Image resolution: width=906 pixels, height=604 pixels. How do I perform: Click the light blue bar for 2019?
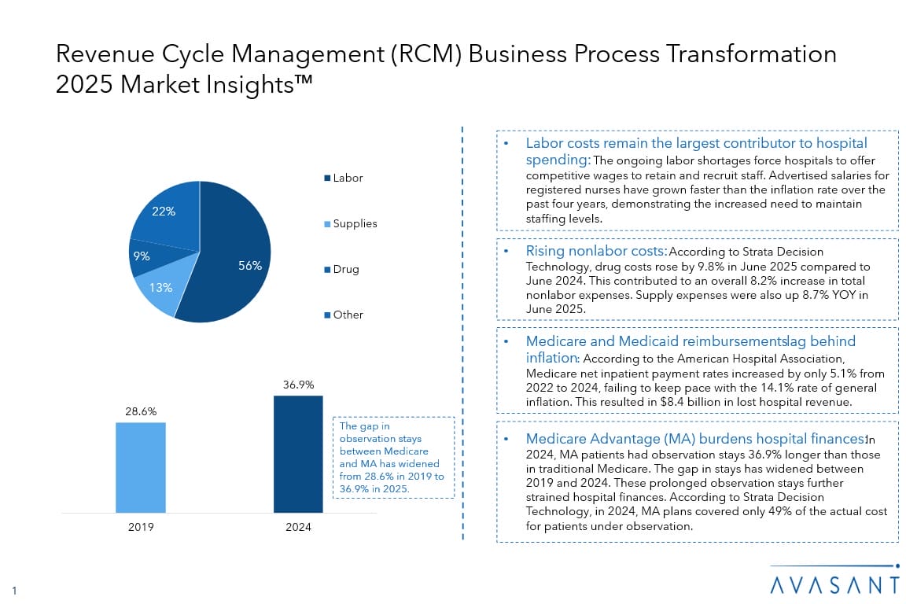click(x=141, y=467)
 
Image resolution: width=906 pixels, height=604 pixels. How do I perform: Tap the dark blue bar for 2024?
click(x=298, y=454)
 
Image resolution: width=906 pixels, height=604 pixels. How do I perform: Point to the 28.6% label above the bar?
click(x=141, y=412)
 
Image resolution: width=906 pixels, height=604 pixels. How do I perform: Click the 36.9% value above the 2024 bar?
click(x=298, y=385)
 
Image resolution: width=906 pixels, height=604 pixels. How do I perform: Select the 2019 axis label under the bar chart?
click(x=141, y=526)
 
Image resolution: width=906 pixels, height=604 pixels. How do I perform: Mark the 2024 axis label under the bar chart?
click(x=298, y=526)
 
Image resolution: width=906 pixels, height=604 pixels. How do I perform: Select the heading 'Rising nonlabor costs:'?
click(x=596, y=251)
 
